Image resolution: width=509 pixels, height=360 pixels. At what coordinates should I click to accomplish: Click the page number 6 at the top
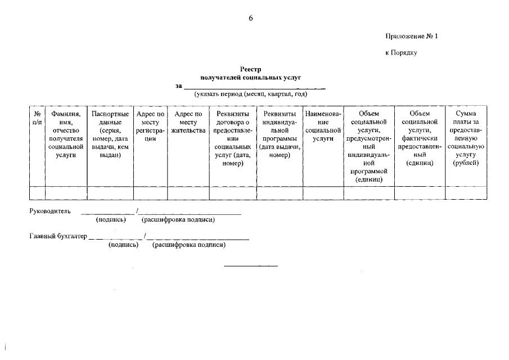251,18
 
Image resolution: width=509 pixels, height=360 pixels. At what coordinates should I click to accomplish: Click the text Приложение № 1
411,37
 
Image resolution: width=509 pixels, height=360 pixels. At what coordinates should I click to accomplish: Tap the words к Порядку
400,53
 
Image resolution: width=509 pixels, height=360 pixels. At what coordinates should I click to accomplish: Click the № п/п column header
37,118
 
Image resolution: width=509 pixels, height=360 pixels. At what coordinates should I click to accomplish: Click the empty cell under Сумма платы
466,192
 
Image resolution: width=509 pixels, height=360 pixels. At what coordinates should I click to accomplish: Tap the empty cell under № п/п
37,192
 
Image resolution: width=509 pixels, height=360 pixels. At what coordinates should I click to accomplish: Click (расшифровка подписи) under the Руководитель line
178,220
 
